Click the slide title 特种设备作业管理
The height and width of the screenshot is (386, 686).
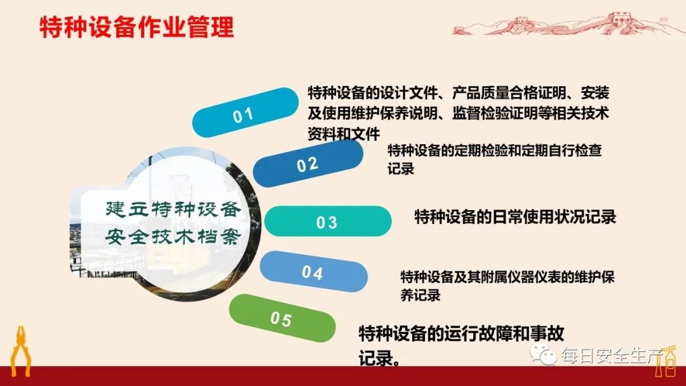(x=137, y=28)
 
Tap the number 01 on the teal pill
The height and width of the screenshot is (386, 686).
(x=243, y=115)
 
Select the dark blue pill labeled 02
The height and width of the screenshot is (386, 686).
(x=308, y=164)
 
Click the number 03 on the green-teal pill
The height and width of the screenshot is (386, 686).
(x=326, y=223)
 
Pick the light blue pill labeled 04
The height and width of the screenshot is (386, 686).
(x=313, y=272)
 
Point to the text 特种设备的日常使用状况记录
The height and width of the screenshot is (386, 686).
(x=514, y=217)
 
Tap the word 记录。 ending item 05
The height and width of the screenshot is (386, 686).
(x=380, y=357)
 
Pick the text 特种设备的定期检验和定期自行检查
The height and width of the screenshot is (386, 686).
(x=495, y=151)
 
